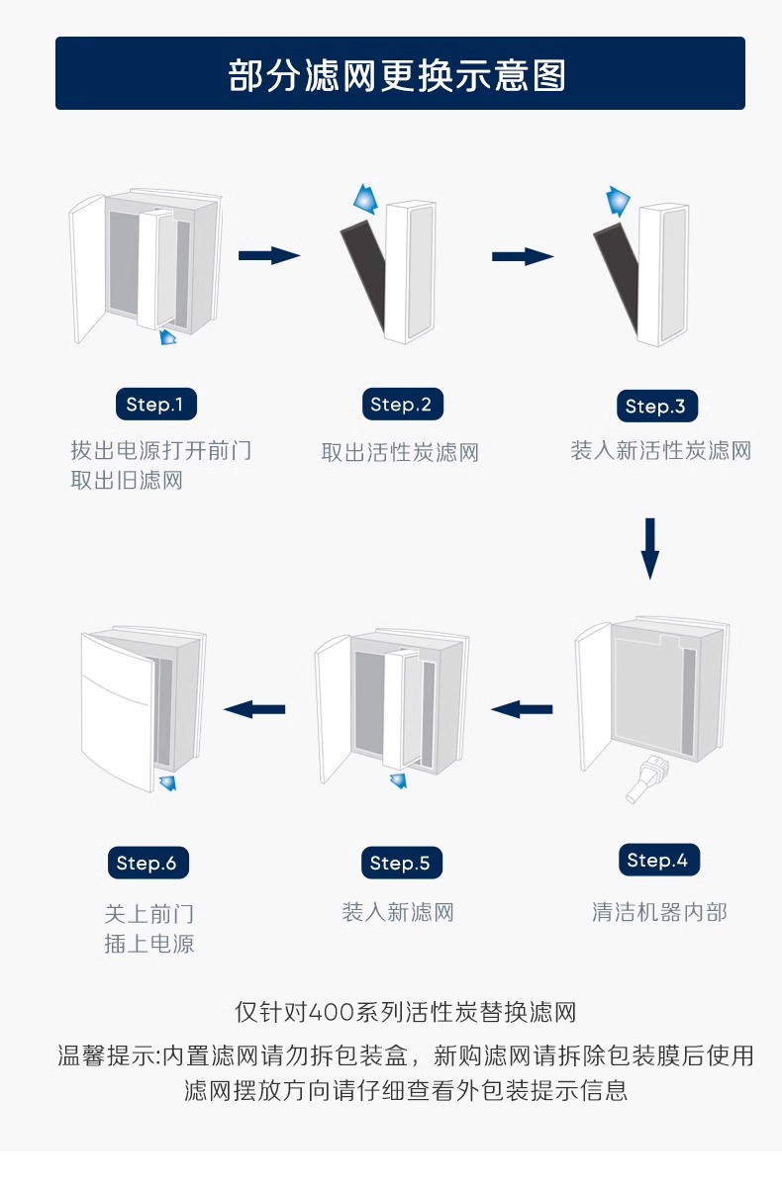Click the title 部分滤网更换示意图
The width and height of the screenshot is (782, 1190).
coord(397,75)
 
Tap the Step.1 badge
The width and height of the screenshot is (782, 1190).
coord(155,405)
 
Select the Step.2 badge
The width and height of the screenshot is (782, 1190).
coord(400,405)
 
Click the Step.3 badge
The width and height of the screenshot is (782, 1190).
coord(654,407)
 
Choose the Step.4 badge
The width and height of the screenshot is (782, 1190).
coord(656,861)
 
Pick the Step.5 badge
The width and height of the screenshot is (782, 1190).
coord(400,864)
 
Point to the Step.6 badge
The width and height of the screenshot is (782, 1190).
coord(147,864)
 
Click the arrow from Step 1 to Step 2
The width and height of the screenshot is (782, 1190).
coord(269,256)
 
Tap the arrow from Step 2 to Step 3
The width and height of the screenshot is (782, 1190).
coord(523,257)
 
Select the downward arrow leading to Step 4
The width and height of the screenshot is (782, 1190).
coord(649,548)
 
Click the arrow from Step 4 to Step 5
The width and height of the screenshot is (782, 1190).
coord(522,708)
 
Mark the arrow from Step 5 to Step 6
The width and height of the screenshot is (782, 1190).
coord(255,708)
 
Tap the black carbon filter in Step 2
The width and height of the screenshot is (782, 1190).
coord(363,277)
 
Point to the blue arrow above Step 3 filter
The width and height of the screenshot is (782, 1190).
coord(620,200)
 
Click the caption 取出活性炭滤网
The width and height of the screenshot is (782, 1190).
coord(400,453)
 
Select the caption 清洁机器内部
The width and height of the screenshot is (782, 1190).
coord(658,912)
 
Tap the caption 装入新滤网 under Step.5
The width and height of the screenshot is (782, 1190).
coord(398,912)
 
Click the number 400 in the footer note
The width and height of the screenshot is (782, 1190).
coord(336,1013)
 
